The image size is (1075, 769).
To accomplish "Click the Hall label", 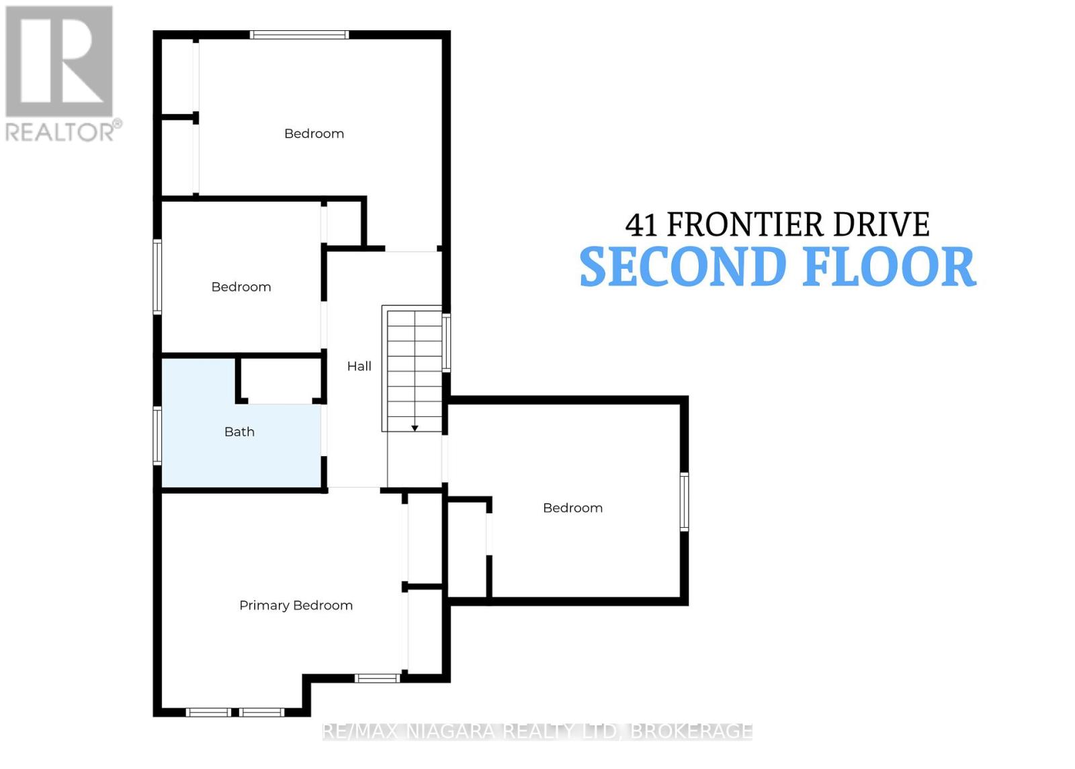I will pyautogui.click(x=359, y=366).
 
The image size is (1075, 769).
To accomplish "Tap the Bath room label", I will pyautogui.click(x=239, y=432).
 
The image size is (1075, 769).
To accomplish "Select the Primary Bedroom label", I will pyautogui.click(x=296, y=605).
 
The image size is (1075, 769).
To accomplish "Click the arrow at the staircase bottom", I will pyautogui.click(x=415, y=427).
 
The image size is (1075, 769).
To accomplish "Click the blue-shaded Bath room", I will pyautogui.click(x=202, y=457).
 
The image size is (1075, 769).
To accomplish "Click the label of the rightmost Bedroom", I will pyautogui.click(x=572, y=508).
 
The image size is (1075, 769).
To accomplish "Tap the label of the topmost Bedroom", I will pyautogui.click(x=314, y=134).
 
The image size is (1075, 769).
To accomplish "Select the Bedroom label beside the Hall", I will pyautogui.click(x=241, y=287).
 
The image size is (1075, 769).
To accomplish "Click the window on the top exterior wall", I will pyautogui.click(x=299, y=35).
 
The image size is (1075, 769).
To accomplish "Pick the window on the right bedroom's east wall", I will pyautogui.click(x=684, y=502).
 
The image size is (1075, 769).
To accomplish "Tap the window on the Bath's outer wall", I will pyautogui.click(x=157, y=435).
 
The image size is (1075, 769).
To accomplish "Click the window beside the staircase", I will pyautogui.click(x=446, y=342).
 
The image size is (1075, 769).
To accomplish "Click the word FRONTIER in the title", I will pyautogui.click(x=745, y=225).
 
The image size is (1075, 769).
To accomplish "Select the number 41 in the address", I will pyautogui.click(x=641, y=226).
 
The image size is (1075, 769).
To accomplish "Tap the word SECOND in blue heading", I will pyautogui.click(x=683, y=267).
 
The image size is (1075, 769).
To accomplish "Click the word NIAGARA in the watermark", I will pyautogui.click(x=453, y=731).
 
